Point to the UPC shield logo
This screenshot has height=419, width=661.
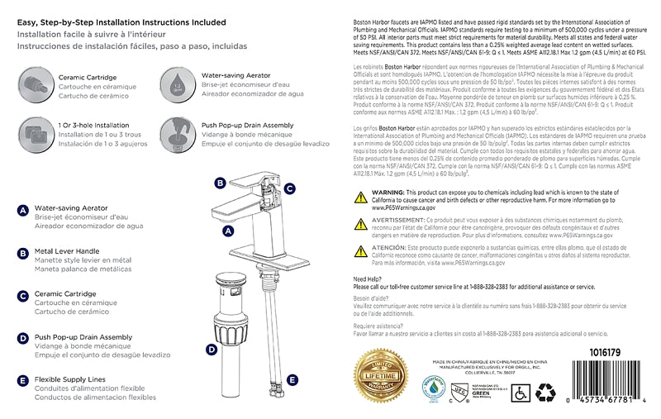coord(459,390)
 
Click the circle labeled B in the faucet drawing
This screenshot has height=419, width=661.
coord(220,183)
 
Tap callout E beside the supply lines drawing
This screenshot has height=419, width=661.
coord(292,379)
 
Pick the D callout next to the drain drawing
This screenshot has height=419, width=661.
coord(212,350)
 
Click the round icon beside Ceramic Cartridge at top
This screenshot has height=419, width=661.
coord(33,84)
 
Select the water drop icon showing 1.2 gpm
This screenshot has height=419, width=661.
coord(176,84)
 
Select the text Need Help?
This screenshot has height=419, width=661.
coord(368,279)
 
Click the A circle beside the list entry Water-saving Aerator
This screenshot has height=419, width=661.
coord(22,211)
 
